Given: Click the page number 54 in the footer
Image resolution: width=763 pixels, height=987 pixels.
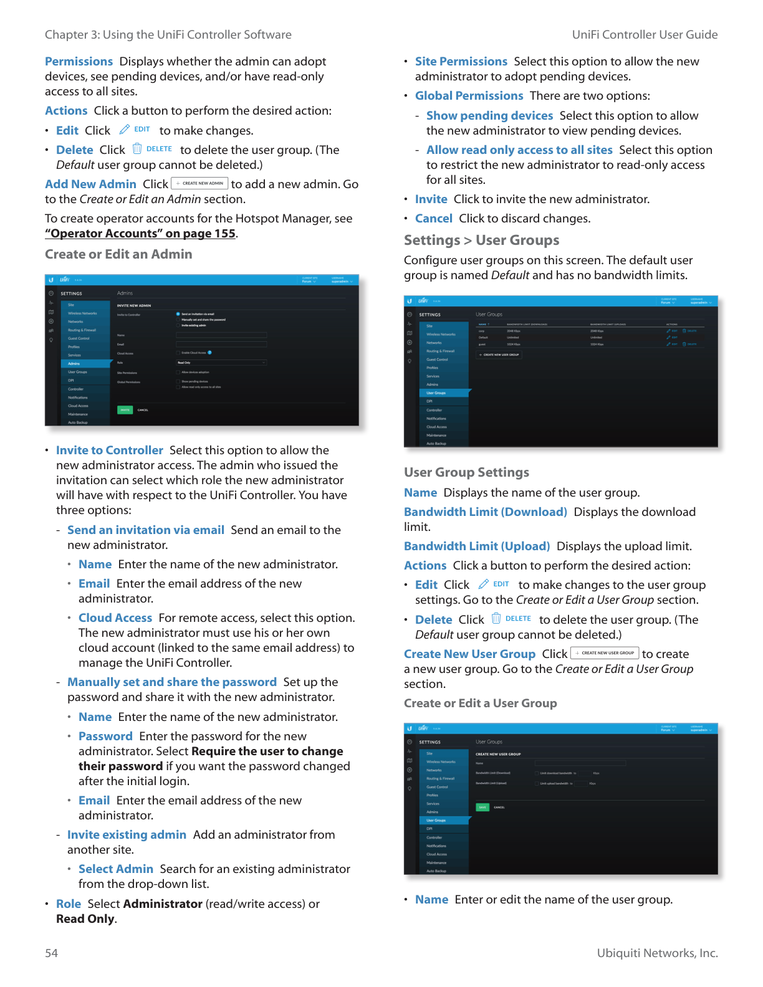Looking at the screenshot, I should tap(51, 953).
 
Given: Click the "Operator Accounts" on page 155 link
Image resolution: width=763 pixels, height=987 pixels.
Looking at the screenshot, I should tap(140, 234).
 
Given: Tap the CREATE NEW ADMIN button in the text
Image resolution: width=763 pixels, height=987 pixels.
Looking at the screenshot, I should tap(199, 183).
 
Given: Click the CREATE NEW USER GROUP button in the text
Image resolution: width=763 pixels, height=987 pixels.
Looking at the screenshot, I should tap(605, 653).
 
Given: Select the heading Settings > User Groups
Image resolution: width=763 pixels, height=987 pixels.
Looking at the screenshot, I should tap(481, 241).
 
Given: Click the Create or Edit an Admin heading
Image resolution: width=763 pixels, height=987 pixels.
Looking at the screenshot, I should tap(118, 254).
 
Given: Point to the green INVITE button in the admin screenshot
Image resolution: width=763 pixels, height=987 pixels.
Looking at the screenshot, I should tap(125, 410).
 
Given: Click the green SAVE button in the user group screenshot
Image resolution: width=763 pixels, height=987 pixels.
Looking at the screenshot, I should tap(482, 807).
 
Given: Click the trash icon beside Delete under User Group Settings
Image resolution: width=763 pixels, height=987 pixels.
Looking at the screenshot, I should tap(496, 619).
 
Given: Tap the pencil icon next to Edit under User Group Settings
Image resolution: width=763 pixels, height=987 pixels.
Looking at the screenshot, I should tap(483, 584).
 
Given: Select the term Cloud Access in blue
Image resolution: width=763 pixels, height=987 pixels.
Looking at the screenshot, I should tap(115, 618).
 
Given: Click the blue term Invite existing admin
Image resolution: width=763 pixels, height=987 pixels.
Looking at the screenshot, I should tap(127, 835).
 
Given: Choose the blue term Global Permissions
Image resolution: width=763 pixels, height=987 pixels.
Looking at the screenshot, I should tap(469, 96).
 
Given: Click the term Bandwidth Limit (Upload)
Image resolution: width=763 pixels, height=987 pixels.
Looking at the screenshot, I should tap(477, 546).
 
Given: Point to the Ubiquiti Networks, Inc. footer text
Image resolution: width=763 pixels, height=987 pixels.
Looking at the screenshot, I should tap(657, 953).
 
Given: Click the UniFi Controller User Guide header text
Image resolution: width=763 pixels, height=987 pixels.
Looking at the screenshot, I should tap(645, 35).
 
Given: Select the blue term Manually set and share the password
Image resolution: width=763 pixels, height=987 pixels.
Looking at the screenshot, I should tap(172, 682).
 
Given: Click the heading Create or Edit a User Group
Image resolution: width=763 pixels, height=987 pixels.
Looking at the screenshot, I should tap(480, 703).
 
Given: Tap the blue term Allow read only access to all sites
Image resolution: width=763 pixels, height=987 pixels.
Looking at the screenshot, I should tap(519, 150).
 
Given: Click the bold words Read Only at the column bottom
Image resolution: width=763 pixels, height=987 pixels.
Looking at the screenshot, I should tap(85, 919).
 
